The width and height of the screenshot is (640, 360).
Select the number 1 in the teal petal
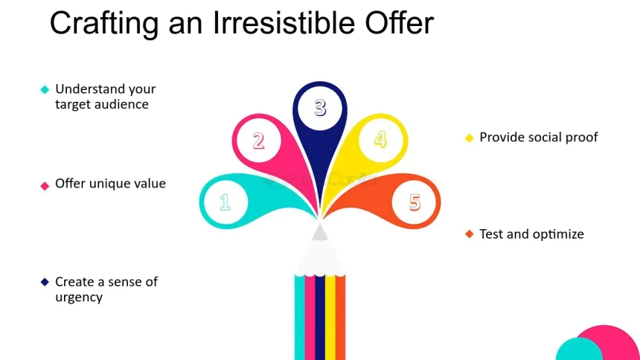[x=225, y=202]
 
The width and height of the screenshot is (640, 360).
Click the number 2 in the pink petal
[x=258, y=141]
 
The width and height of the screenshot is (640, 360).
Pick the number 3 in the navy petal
[x=321, y=108]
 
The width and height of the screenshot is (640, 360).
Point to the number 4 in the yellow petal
[x=381, y=140]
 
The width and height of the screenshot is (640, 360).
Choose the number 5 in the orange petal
[x=415, y=202]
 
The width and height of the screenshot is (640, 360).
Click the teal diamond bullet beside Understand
[x=45, y=89]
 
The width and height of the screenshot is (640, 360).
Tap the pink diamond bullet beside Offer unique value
[x=45, y=186]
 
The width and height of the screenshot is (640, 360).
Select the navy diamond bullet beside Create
[x=45, y=282]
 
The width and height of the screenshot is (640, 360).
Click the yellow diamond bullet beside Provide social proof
[x=470, y=138]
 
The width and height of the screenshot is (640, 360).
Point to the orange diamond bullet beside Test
[x=470, y=234]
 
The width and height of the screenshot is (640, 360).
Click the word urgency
[x=79, y=298]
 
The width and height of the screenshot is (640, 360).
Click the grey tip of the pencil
[x=319, y=232]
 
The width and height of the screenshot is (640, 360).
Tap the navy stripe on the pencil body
[x=320, y=318]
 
